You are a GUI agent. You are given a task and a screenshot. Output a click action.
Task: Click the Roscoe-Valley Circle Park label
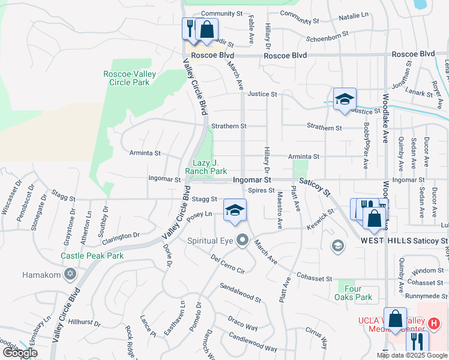tap(130, 78)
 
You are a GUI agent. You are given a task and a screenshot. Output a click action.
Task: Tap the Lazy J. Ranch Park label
tap(206, 167)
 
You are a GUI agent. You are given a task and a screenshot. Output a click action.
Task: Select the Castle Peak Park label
tap(92, 256)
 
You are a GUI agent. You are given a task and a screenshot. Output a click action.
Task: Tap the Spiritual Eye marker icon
tap(243, 240)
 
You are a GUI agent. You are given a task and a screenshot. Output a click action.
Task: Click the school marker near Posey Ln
tap(235, 210)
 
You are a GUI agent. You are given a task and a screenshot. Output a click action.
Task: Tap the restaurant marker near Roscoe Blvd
tap(190, 28)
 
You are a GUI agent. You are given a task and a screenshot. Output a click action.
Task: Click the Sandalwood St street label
tap(240, 293)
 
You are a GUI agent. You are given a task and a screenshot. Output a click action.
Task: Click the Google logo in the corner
tap(20, 353)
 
